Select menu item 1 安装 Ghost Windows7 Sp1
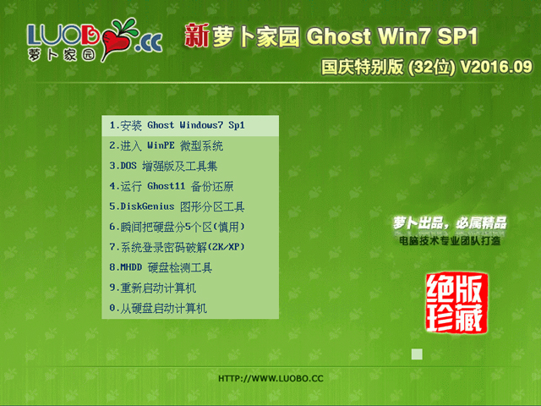coord(177,125)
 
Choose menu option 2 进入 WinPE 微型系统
coord(167,145)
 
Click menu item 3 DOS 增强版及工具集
coord(163,166)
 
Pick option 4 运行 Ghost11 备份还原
coord(172,186)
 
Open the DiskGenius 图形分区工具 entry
coord(177,206)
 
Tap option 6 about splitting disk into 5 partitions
coord(177,227)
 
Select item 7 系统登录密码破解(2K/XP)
coord(177,247)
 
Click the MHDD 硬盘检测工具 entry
coord(161,267)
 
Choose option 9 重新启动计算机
coord(153,288)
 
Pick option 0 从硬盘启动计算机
coord(158,308)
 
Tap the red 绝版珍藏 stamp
coord(456,303)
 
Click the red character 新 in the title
coord(197,36)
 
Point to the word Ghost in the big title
coord(338,36)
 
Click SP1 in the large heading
coord(457,36)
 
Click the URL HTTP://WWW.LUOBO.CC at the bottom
coord(270,379)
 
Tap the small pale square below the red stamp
coord(417,354)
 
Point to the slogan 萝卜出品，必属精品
coord(450,223)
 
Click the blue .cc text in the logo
coord(149,43)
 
